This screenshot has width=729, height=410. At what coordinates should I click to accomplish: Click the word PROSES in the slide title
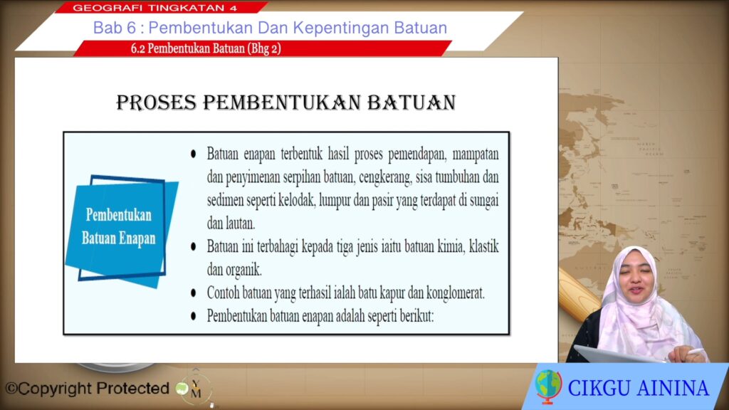click(156, 102)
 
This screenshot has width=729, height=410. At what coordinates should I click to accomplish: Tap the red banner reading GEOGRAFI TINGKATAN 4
click(160, 7)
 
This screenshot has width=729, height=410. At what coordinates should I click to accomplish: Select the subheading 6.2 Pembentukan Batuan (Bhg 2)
click(206, 48)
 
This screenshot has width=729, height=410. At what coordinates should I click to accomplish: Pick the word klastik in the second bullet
click(484, 246)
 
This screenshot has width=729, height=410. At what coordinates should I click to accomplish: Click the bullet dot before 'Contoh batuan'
click(194, 293)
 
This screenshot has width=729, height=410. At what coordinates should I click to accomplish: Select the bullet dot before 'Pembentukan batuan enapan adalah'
click(194, 316)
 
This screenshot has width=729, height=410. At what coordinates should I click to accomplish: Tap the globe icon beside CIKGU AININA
click(547, 386)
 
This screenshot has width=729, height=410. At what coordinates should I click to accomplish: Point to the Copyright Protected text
click(88, 388)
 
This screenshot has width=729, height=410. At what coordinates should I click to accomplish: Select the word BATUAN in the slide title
click(411, 102)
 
